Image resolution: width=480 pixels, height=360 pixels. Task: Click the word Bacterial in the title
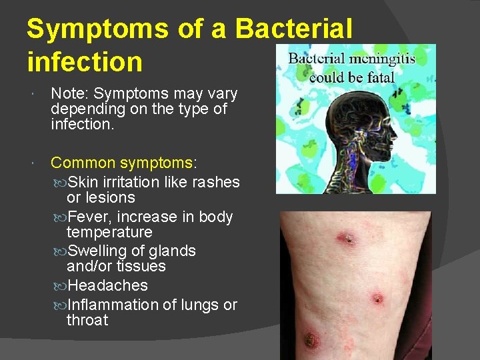tap(293, 29)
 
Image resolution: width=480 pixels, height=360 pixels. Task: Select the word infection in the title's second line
tap(85, 62)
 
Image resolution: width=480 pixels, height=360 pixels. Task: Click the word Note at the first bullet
tap(69, 94)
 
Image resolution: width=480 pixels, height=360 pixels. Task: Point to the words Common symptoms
tap(122, 163)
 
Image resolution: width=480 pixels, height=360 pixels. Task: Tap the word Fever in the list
tap(86, 217)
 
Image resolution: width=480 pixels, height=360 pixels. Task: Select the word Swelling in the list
tap(97, 251)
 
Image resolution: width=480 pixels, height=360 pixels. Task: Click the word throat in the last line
tap(87, 320)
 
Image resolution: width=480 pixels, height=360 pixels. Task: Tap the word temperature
tap(109, 232)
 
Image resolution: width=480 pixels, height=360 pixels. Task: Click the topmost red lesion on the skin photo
tap(347, 238)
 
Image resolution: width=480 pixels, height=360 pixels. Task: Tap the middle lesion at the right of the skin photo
tap(377, 299)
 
